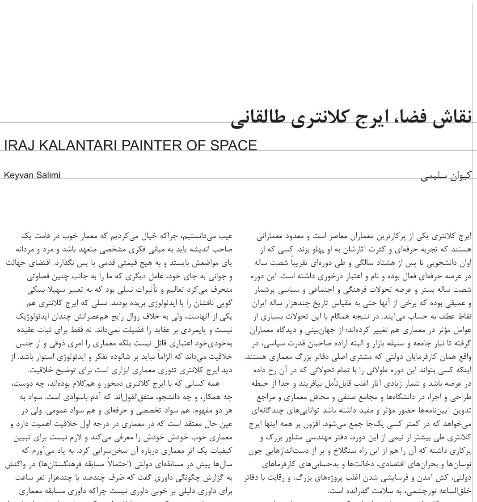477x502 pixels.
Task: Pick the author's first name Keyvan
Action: coord(18,175)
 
